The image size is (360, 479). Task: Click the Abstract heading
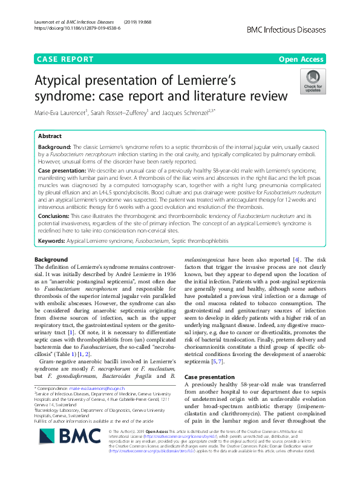click(x=50, y=136)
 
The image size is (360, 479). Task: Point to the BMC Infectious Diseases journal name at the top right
click(x=286, y=28)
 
